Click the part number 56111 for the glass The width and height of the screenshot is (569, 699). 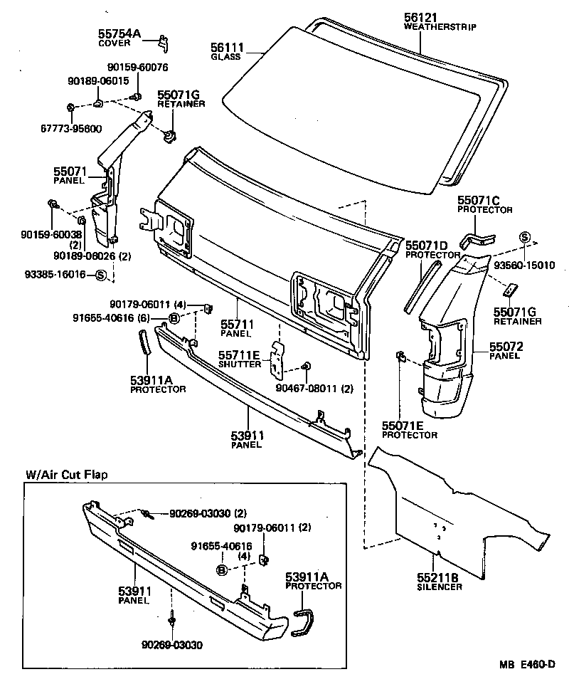click(x=225, y=47)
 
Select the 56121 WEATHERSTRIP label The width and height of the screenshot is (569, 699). click(x=440, y=22)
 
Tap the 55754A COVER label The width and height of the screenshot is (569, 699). click(x=119, y=38)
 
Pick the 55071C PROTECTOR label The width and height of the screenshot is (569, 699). click(x=484, y=206)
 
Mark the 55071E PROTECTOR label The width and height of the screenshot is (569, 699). click(x=409, y=429)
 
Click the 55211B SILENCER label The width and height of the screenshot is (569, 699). click(x=440, y=582)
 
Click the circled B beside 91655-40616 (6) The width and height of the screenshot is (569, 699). click(x=174, y=318)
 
